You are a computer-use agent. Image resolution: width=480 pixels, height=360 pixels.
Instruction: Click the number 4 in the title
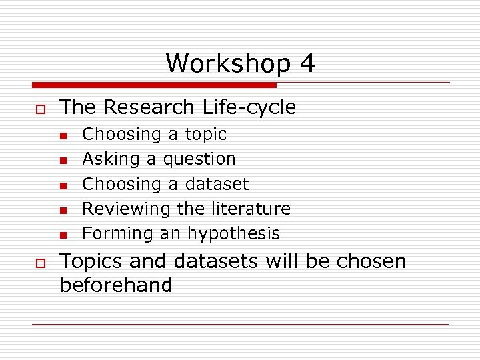307,64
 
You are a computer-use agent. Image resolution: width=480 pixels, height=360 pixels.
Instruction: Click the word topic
205,134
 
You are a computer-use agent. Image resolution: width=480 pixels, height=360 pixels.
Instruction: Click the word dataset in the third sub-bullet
217,183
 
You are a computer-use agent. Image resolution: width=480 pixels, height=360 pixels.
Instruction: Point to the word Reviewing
127,209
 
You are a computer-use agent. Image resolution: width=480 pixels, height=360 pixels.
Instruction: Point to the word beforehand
116,285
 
